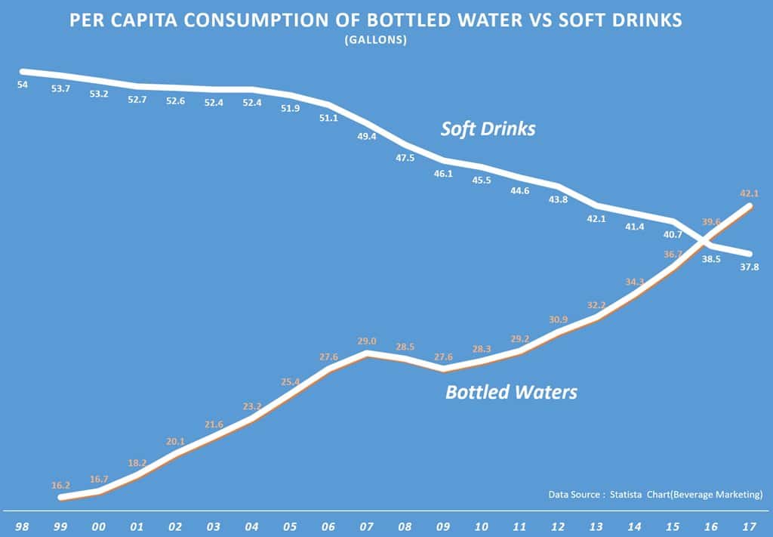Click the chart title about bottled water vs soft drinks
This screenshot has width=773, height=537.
coord(375,20)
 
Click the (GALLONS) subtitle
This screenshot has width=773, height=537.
coord(375,40)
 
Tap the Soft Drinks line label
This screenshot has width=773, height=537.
coord(488,129)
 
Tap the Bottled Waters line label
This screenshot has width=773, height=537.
coord(511,393)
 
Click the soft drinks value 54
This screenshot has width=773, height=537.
coord(22,85)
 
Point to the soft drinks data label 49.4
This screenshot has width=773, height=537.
coord(367,137)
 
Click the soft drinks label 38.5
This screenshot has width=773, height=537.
coord(712,258)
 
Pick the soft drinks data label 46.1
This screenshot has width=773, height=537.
coord(444,174)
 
